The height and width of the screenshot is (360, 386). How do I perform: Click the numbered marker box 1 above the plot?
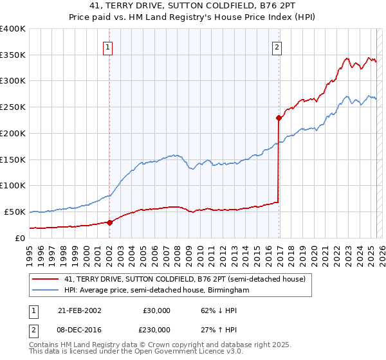coord(109,46)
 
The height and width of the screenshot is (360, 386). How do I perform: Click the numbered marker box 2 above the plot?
coord(277,46)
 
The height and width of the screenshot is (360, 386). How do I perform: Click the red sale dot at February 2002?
coord(110,222)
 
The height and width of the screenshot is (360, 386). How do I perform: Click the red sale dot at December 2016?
coord(279,118)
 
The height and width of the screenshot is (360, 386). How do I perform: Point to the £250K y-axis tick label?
coord(13,107)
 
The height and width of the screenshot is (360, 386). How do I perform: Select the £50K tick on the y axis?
coord(15,212)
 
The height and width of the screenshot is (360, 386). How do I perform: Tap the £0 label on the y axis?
coord(19,238)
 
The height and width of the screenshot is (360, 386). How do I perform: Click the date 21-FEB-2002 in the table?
coord(79,310)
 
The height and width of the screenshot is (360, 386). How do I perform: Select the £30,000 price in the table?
coord(156,310)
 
